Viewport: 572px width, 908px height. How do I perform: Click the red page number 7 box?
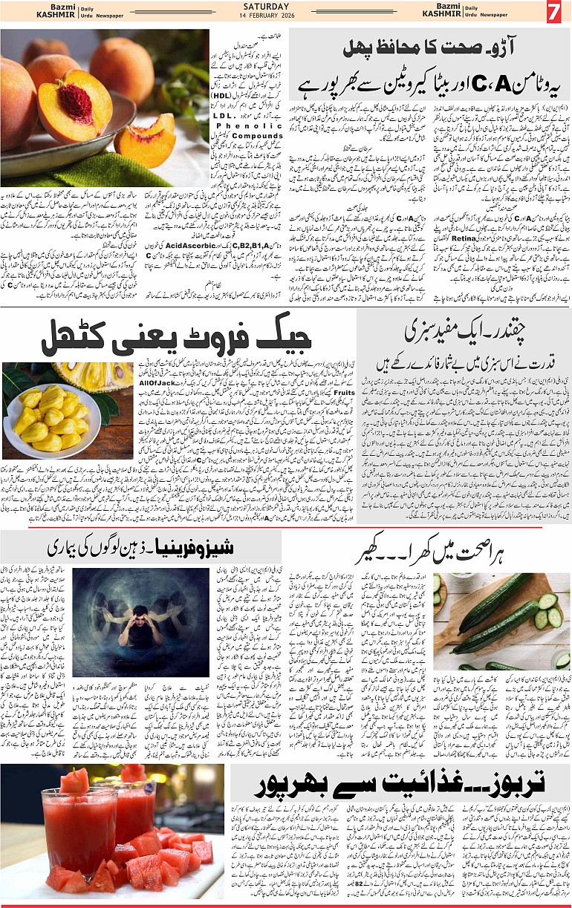[553, 13]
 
